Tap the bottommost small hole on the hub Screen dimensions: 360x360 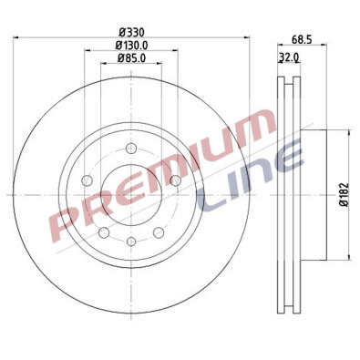point(131,241)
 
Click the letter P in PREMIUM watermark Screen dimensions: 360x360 point(68,219)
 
